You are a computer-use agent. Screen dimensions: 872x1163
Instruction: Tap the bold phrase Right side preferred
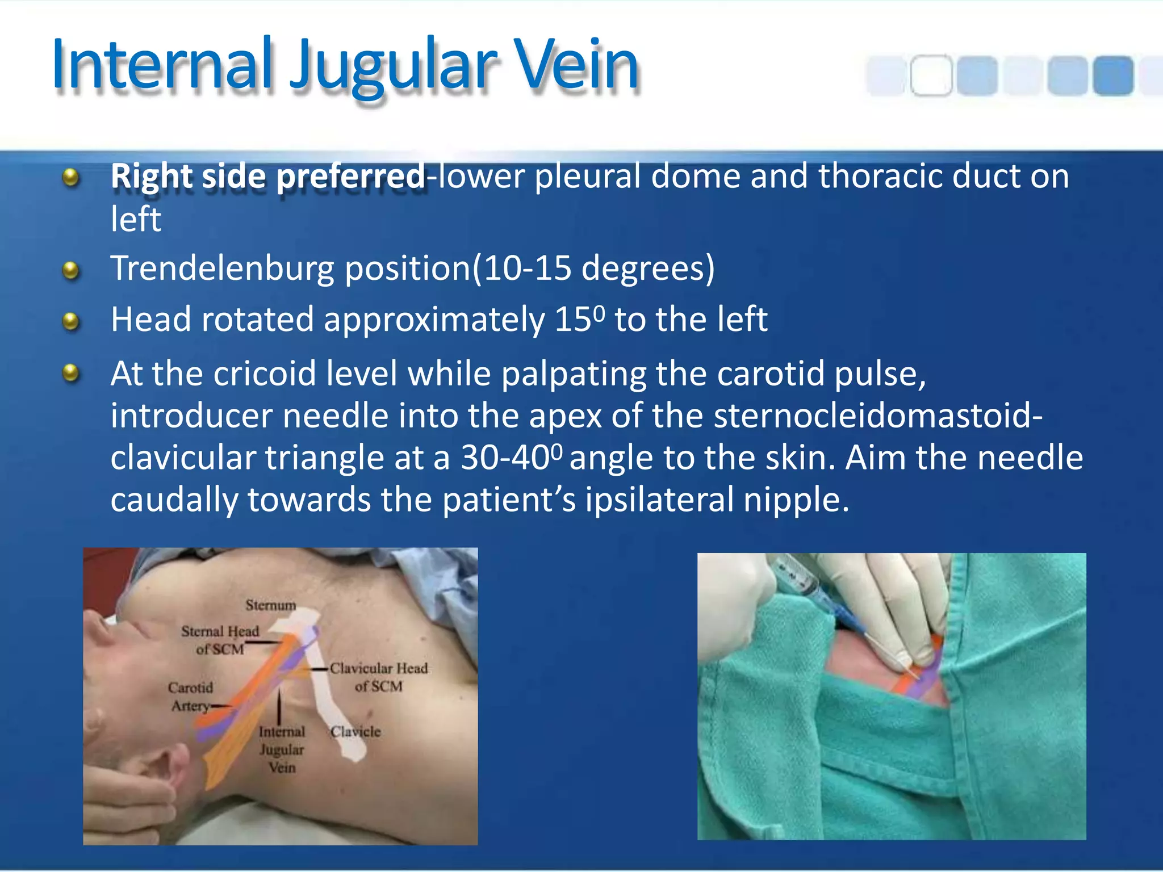click(x=267, y=176)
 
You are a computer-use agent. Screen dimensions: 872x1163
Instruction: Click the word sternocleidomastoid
click(x=877, y=416)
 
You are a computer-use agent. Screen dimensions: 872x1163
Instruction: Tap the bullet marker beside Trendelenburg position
click(x=70, y=270)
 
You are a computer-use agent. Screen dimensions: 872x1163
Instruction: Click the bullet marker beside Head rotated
click(x=70, y=321)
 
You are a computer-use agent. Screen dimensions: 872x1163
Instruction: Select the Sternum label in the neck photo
click(x=271, y=605)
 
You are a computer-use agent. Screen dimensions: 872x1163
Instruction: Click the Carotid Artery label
click(x=191, y=697)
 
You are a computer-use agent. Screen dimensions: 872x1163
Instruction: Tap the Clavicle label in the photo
click(x=355, y=732)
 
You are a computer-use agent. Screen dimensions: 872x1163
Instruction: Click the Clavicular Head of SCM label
click(x=379, y=677)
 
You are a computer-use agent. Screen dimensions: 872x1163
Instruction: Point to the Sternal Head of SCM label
click(x=220, y=640)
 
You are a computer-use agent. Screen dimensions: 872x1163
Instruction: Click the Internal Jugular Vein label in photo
click(x=282, y=749)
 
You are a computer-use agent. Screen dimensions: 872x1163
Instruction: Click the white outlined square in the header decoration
click(x=931, y=75)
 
